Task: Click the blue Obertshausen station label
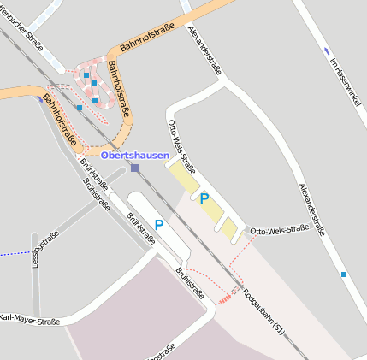click(x=134, y=155)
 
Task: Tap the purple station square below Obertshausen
click(x=134, y=168)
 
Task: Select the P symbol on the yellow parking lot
click(x=204, y=198)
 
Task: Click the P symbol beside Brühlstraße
click(x=159, y=225)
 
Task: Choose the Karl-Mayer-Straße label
click(x=30, y=322)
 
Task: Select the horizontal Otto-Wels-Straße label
click(x=279, y=229)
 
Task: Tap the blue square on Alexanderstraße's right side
click(x=344, y=274)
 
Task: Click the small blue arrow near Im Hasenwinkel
click(x=327, y=50)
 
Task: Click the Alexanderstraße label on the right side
click(x=313, y=209)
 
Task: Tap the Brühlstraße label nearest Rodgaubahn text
click(x=191, y=285)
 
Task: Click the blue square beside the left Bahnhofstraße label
click(x=79, y=108)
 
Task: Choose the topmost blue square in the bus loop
click(x=86, y=75)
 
